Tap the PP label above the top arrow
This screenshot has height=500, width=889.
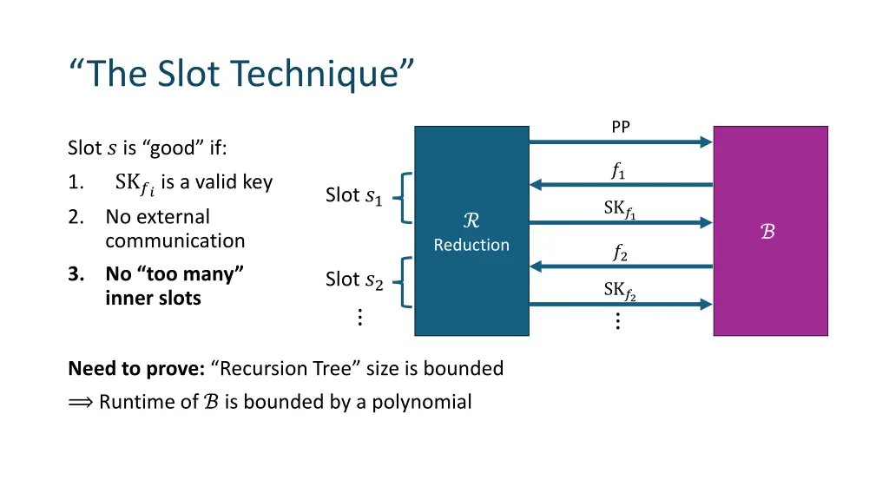tap(621, 128)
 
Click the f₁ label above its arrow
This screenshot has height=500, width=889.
tap(619, 172)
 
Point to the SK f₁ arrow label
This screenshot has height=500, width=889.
tap(620, 209)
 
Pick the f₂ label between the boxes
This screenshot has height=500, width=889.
tap(620, 253)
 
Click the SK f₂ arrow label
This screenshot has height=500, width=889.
tap(620, 291)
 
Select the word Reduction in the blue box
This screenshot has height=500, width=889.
tap(471, 245)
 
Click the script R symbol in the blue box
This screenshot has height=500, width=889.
tap(471, 221)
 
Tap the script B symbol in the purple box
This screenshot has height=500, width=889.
tap(768, 232)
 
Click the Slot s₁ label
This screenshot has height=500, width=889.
tap(353, 196)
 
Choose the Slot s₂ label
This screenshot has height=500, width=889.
tap(353, 280)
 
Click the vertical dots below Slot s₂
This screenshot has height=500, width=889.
tap(359, 318)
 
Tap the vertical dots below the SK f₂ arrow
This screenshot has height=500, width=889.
tap(617, 321)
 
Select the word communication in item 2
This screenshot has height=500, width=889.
tap(175, 240)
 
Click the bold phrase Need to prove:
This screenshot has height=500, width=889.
tap(136, 368)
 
